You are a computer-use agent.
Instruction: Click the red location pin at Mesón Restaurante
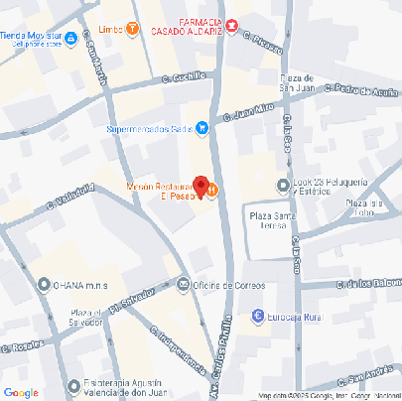(201, 186)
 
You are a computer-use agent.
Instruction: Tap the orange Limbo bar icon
(132, 29)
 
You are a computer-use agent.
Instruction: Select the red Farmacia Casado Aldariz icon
(231, 24)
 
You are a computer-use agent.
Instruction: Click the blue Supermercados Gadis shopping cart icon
(201, 127)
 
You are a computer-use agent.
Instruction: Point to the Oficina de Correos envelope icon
(183, 285)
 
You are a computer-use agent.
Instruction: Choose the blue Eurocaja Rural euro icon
(257, 317)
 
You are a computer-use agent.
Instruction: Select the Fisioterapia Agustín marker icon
(73, 386)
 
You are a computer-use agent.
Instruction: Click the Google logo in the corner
(21, 392)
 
